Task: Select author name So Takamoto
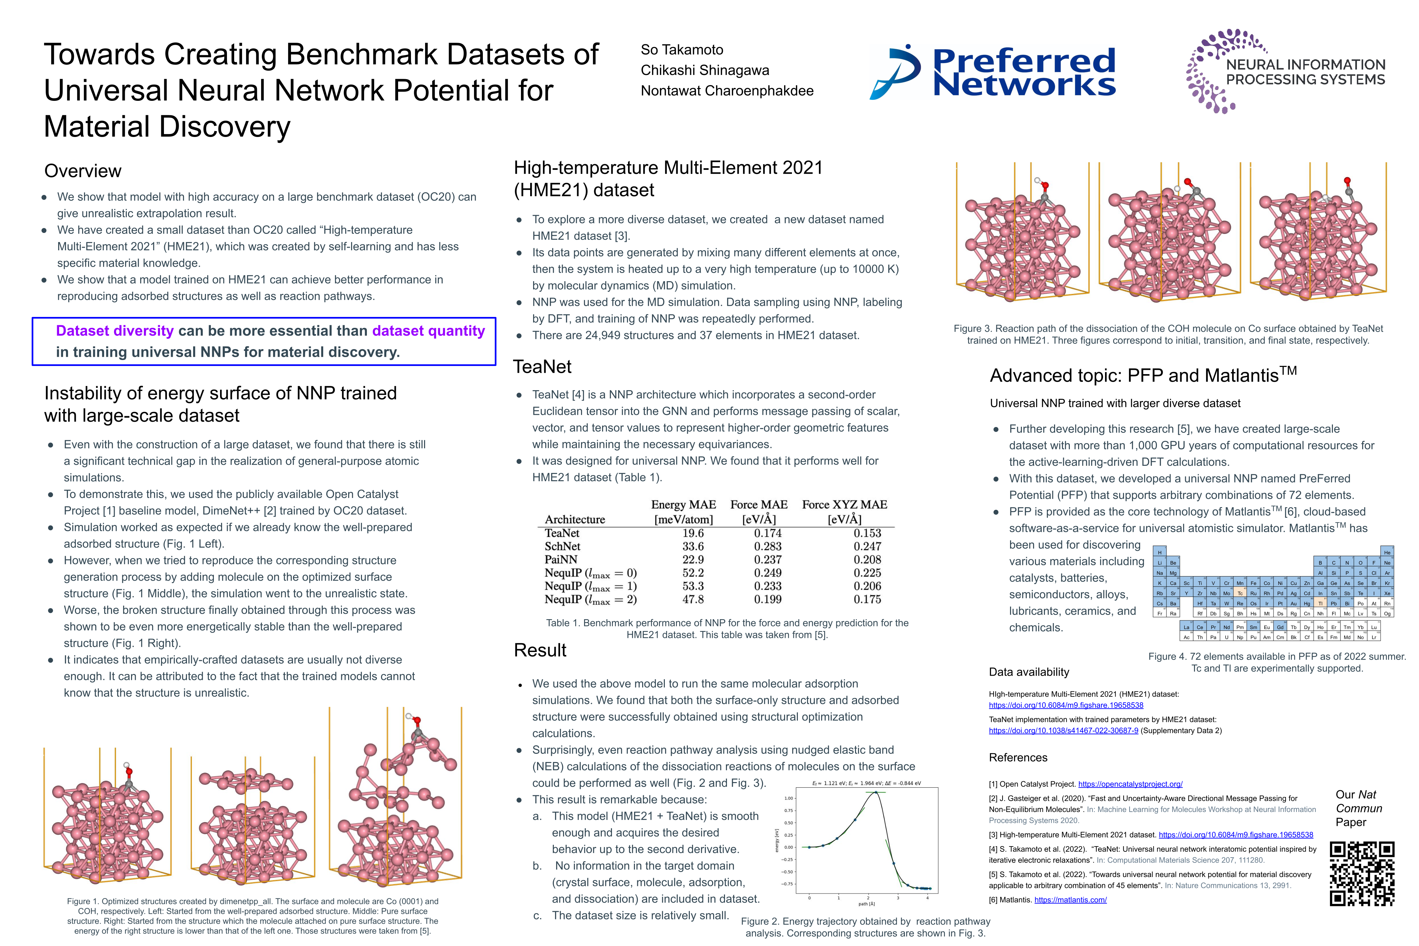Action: pyautogui.click(x=682, y=50)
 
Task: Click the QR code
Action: pyautogui.click(x=1362, y=874)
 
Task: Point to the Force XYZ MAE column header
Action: pyautogui.click(x=844, y=512)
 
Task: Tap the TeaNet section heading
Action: pyautogui.click(x=542, y=367)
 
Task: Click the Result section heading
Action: pyautogui.click(x=540, y=650)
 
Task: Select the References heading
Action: pyautogui.click(x=1018, y=758)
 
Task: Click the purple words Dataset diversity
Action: pyautogui.click(x=115, y=331)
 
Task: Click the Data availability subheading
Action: pyautogui.click(x=1029, y=672)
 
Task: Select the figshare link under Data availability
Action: pyautogui.click(x=1066, y=705)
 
